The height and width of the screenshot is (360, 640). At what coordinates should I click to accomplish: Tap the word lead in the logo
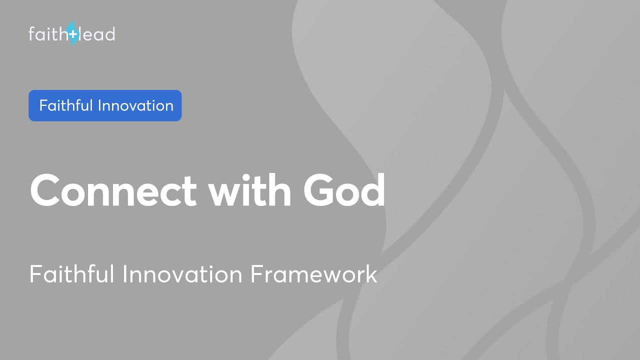click(x=97, y=34)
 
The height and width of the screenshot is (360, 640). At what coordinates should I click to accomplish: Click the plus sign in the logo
click(x=73, y=34)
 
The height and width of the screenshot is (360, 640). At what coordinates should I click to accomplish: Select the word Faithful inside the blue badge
click(x=66, y=105)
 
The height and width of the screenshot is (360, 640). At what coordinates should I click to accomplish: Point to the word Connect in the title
click(x=113, y=190)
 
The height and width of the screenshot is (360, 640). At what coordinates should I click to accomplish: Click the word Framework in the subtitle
click(x=313, y=274)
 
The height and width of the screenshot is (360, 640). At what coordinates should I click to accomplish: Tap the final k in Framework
click(x=371, y=274)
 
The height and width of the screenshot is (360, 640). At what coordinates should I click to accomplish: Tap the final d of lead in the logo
click(x=110, y=33)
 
